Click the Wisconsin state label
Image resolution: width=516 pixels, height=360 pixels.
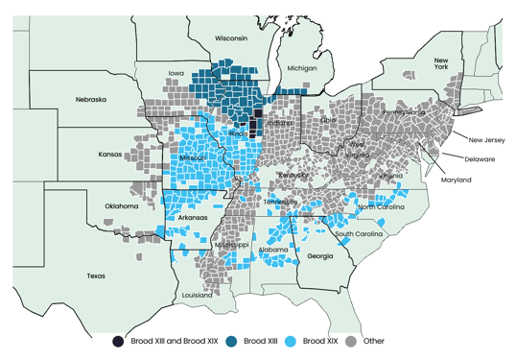pyautogui.click(x=231, y=38)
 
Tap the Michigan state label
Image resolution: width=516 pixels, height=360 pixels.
pyautogui.click(x=301, y=68)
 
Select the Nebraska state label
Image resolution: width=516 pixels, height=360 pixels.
pyautogui.click(x=90, y=99)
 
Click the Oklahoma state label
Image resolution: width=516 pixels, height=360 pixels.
pyautogui.click(x=122, y=206)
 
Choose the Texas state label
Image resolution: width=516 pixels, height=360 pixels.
pyautogui.click(x=95, y=276)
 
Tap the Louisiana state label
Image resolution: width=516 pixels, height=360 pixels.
pyautogui.click(x=198, y=296)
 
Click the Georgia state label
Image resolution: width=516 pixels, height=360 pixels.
pyautogui.click(x=321, y=256)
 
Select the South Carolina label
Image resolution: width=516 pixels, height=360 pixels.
pyautogui.click(x=359, y=234)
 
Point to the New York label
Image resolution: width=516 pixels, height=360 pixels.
pyautogui.click(x=441, y=62)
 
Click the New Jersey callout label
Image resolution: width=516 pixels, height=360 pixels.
pyautogui.click(x=486, y=140)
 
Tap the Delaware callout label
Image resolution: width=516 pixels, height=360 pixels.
pyautogui.click(x=480, y=159)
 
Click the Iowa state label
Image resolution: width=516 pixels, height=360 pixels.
pyautogui.click(x=176, y=73)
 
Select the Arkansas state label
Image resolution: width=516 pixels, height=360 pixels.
pyautogui.click(x=193, y=218)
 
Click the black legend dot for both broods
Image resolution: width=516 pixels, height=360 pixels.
pyautogui.click(x=118, y=341)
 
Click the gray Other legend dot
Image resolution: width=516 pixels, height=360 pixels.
pyautogui.click(x=351, y=341)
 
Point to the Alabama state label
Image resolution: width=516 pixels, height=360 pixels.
pyautogui.click(x=273, y=250)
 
